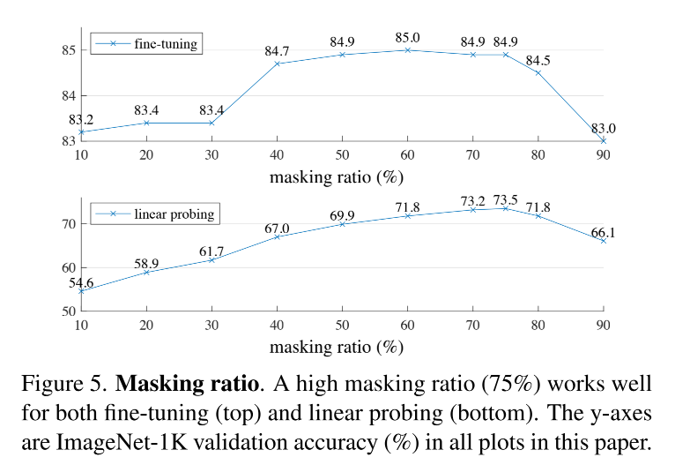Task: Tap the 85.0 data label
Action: click(407, 37)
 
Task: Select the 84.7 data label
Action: click(277, 51)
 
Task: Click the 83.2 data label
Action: click(81, 119)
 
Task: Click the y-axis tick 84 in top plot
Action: click(68, 95)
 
